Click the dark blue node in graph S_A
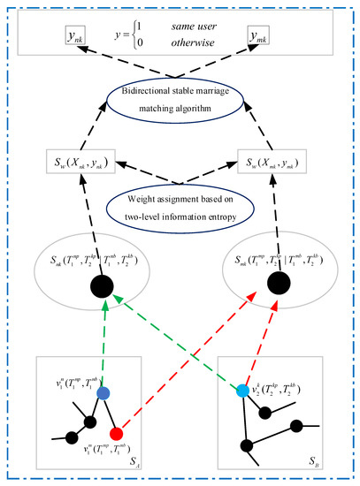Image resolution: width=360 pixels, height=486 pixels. pyautogui.click(x=103, y=392)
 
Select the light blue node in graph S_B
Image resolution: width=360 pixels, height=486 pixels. pyautogui.click(x=242, y=391)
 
